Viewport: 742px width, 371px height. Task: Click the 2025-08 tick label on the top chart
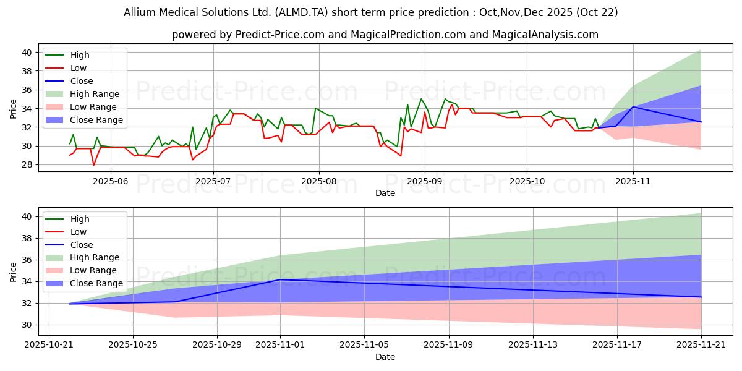319,180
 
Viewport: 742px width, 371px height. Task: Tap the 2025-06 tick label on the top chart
111,180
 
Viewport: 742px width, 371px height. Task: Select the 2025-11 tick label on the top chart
633,180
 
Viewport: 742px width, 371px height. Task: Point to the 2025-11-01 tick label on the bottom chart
280,344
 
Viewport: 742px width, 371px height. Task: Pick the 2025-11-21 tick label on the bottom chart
701,344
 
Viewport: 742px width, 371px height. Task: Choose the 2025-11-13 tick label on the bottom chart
533,344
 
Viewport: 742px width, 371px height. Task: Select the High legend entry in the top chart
80,55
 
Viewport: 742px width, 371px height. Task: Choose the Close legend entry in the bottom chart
82,245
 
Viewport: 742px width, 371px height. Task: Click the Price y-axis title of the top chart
14,108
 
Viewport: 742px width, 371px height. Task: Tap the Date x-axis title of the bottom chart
385,357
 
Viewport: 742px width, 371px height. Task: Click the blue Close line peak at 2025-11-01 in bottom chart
280,279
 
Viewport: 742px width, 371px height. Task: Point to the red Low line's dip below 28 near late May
94,165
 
